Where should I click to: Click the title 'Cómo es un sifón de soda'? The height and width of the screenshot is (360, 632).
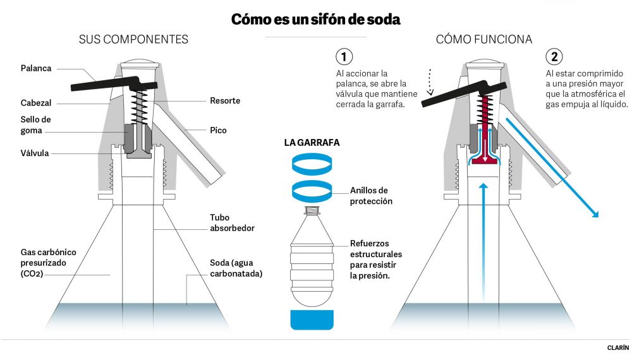(315, 19)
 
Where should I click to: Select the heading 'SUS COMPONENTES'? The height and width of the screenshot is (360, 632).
(133, 39)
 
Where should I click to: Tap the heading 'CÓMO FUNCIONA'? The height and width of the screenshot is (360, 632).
(483, 39)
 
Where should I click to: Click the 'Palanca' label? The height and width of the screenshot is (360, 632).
(36, 68)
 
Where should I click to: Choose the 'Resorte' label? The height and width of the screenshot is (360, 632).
(225, 100)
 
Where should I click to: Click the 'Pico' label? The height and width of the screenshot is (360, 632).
(219, 130)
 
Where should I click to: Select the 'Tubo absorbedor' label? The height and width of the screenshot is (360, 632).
(232, 222)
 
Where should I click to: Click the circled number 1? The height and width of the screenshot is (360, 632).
(344, 57)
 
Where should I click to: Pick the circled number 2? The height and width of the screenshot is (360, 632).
(554, 57)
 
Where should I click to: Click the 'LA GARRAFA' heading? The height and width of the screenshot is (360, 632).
(312, 143)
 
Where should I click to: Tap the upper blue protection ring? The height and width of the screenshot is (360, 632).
(311, 165)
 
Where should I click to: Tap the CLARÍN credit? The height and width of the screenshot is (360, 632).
(617, 347)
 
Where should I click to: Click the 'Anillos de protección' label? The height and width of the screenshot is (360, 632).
(372, 196)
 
